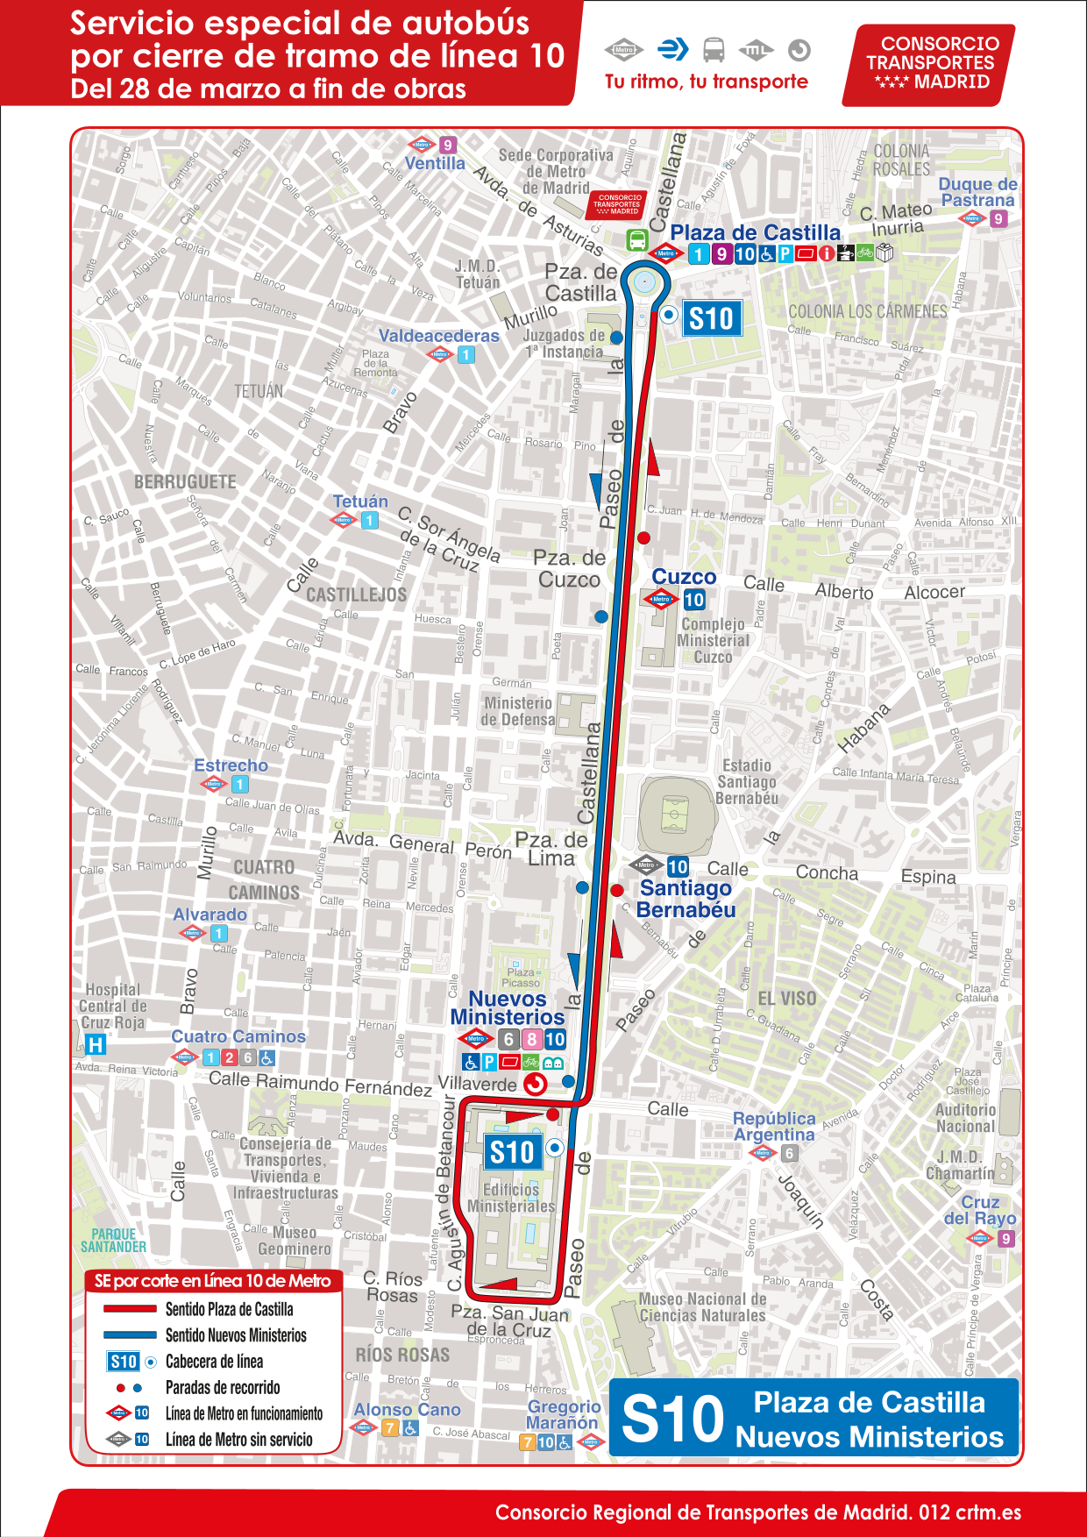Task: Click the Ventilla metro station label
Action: click(x=435, y=163)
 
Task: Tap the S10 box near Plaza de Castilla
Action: click(x=711, y=319)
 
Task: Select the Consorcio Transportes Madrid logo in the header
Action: click(x=931, y=63)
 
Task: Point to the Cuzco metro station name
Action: click(x=684, y=577)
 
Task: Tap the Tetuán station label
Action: click(x=359, y=502)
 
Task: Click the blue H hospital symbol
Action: click(x=96, y=1044)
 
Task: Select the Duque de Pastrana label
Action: click(x=977, y=192)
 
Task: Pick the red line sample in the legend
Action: click(x=130, y=1309)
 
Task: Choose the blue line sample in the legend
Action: click(x=130, y=1335)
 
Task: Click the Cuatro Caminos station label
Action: click(x=238, y=1036)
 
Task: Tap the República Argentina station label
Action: click(x=774, y=1126)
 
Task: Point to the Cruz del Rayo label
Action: click(x=980, y=1210)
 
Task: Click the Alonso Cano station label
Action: click(x=407, y=1410)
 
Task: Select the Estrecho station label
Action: click(x=231, y=765)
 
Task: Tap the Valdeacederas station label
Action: click(x=438, y=336)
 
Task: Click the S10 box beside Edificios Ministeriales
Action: click(x=512, y=1152)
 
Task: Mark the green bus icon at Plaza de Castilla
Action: click(x=637, y=239)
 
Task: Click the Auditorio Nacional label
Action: click(x=965, y=1118)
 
